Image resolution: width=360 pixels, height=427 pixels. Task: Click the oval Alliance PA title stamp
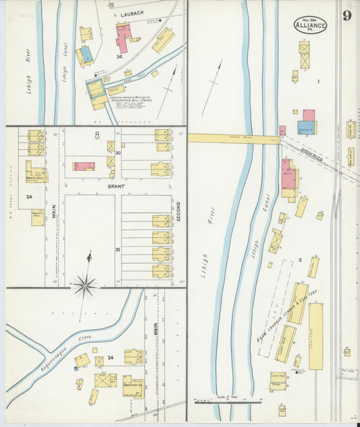click(311, 25)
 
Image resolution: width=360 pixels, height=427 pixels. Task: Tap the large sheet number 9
click(346, 16)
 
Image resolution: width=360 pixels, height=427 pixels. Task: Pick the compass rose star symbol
click(85, 286)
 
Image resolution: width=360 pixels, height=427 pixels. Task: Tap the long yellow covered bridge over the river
click(233, 139)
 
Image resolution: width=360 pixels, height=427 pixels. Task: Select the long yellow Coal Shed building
click(315, 336)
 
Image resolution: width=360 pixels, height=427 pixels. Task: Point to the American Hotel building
click(133, 387)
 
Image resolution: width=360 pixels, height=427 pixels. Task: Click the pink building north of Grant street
click(84, 166)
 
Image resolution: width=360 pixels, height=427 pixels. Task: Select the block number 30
click(118, 153)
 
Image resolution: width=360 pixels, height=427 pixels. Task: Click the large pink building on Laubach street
click(123, 37)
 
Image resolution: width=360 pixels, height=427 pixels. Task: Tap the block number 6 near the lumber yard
click(299, 259)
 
